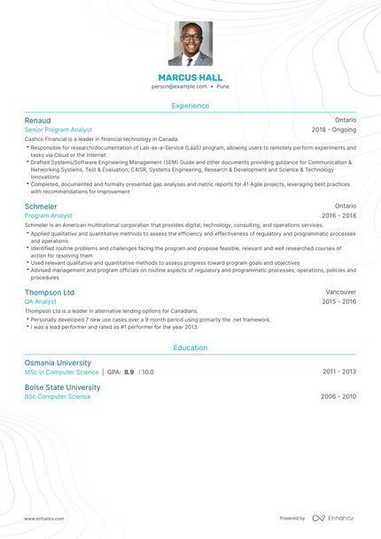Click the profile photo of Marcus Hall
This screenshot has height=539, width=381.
(190, 43)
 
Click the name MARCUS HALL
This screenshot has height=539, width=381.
(190, 78)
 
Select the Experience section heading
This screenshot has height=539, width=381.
(190, 105)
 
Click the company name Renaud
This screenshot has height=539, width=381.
(37, 120)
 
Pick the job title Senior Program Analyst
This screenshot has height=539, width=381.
(58, 129)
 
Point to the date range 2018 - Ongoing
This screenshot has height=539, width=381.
(334, 129)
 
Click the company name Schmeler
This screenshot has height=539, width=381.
(41, 206)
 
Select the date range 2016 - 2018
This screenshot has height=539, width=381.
(338, 215)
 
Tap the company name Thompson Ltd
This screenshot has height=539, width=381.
(50, 292)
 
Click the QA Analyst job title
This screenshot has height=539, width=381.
(41, 301)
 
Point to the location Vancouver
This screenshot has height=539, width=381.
(341, 292)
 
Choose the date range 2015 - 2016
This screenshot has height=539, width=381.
(338, 301)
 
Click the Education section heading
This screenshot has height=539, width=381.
(190, 348)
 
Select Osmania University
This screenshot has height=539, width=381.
(58, 363)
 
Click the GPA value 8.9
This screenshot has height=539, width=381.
(129, 372)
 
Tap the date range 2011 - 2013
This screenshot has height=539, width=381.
(339, 372)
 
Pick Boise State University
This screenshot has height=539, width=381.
(62, 387)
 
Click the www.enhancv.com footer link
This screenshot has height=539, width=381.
(44, 519)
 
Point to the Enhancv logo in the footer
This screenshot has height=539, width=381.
(333, 518)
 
